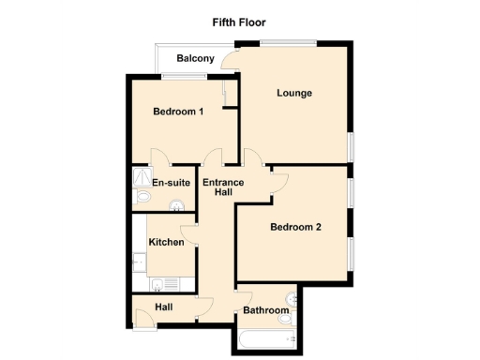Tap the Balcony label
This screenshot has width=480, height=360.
pos(195,59)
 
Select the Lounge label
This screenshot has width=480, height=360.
pos(293,93)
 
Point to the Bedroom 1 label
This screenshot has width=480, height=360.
pos(178,112)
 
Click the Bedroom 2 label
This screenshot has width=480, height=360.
pos(295,226)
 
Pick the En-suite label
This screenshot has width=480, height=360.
pos(172,183)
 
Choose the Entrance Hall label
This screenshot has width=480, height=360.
pos(223,187)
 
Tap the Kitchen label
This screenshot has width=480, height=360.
pos(167,242)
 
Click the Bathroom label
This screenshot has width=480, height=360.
pos(265,310)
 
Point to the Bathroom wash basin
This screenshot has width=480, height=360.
pos(287,320)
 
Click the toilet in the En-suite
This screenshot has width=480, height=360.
pos(142,198)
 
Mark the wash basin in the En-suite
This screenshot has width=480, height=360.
pos(174,207)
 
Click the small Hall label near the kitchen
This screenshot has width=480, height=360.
pos(164,307)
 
